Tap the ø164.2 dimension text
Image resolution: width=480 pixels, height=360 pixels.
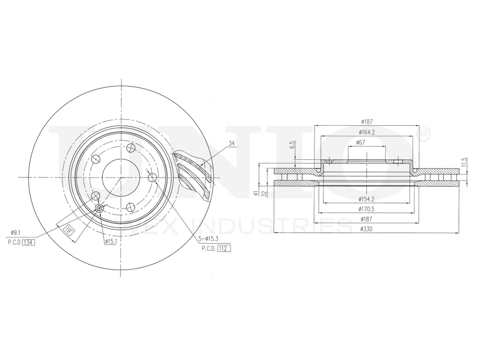tap(366, 132)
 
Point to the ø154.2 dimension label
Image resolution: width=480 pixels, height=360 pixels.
tap(366, 199)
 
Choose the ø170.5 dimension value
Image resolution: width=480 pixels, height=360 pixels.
tap(366, 209)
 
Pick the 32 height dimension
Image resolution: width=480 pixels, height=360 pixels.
tap(264, 193)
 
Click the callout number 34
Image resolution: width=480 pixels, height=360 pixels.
tap(232, 143)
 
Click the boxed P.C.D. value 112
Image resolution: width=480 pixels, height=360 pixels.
tap(223, 248)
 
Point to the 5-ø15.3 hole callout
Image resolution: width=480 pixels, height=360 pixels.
tap(209, 238)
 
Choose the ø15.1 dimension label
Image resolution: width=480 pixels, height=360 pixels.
tap(111, 241)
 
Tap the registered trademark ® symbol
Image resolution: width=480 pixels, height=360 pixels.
tap(424, 135)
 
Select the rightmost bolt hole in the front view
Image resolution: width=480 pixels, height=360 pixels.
tap(153, 178)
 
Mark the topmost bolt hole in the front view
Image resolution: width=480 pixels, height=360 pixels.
tap(131, 148)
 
